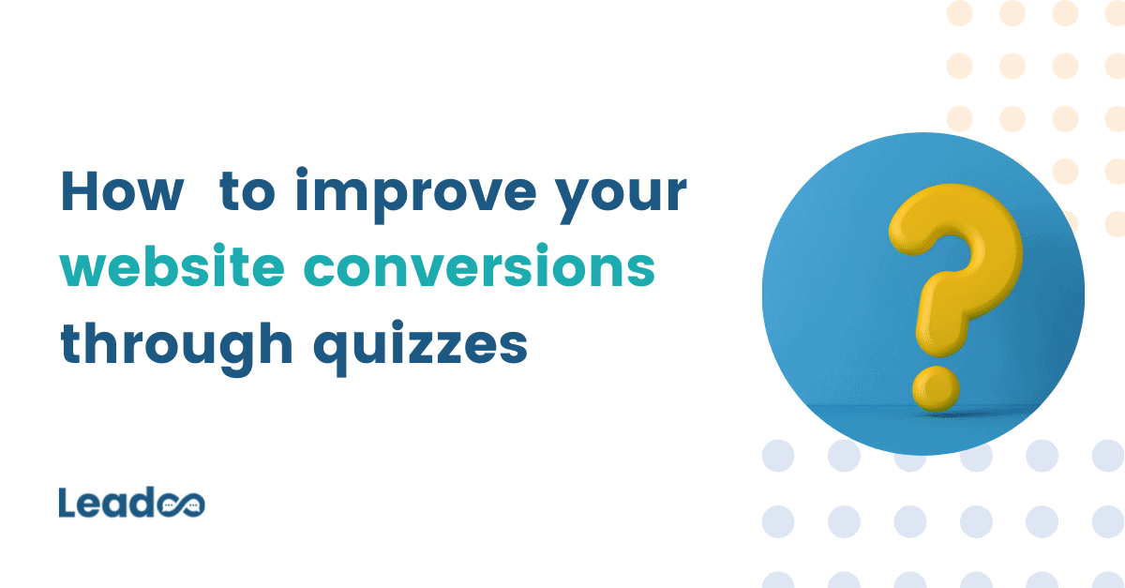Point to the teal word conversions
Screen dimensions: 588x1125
tap(477, 268)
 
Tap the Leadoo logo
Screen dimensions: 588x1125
tap(131, 503)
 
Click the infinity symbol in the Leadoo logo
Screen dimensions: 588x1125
tap(181, 505)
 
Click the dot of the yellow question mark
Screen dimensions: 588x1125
tap(935, 388)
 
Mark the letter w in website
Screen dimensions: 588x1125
tap(81, 270)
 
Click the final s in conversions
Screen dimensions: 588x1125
tap(640, 270)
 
